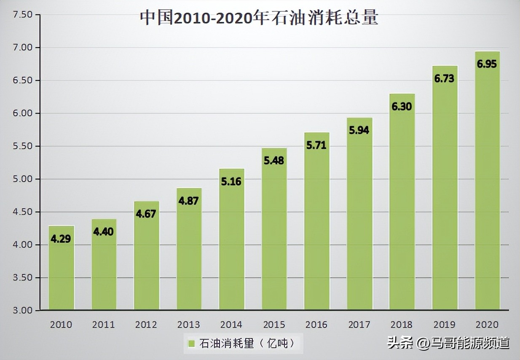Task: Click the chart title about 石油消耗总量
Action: coord(259,18)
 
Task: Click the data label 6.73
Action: coord(445,78)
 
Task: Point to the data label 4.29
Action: coord(61,239)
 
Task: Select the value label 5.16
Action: coord(231,182)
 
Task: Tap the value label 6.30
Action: coord(402,107)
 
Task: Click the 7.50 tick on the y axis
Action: coord(23,15)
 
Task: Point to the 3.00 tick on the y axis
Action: coord(23,311)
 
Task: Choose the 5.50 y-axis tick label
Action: coord(23,146)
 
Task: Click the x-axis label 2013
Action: coord(189,325)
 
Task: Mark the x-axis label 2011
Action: coord(104,325)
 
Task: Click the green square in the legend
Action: coord(191,344)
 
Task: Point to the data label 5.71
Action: coord(316,145)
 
